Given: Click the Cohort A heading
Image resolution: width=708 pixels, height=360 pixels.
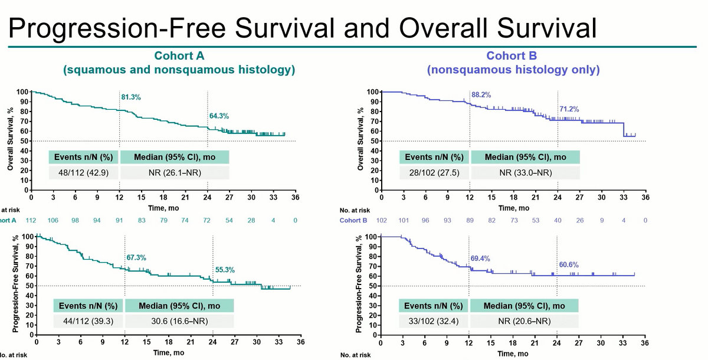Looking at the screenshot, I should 179,56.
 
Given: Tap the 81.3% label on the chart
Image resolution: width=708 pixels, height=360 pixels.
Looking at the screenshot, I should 131,97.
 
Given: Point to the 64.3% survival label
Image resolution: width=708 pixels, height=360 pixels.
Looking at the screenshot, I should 218,116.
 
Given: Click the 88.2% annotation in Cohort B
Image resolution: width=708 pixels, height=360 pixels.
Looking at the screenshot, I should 481,94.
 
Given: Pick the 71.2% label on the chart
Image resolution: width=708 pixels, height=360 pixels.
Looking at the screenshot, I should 569,109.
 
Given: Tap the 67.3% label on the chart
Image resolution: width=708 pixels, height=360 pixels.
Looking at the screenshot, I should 136,258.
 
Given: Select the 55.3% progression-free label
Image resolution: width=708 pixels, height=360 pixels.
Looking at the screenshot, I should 224,270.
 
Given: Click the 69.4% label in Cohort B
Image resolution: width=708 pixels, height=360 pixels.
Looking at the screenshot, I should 480,259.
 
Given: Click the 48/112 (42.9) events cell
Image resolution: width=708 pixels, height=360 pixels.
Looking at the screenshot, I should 84,173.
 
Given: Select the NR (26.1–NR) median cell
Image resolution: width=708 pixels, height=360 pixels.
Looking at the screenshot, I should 175,173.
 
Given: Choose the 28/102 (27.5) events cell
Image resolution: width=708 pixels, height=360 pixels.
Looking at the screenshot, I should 434,173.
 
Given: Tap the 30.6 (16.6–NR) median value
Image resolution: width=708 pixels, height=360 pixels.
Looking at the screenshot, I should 180,321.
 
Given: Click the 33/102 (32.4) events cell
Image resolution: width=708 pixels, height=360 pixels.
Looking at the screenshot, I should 434,321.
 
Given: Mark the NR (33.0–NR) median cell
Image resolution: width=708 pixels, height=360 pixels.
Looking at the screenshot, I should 525,173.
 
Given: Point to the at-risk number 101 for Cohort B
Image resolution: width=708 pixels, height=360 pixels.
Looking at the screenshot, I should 404,220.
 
